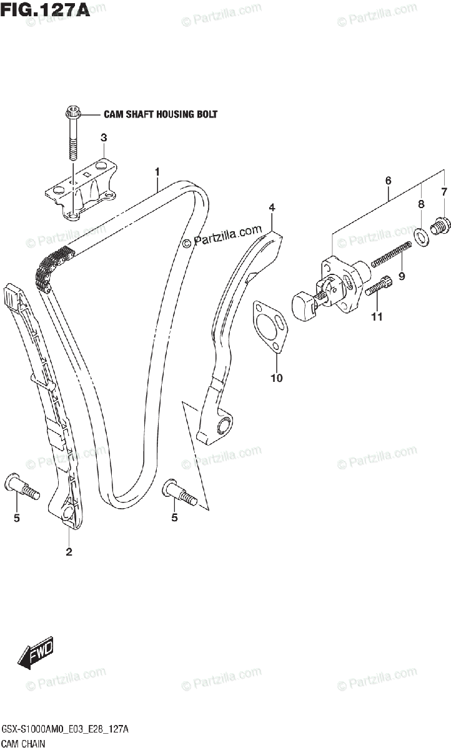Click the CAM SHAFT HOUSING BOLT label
[160, 114]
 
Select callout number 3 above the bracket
[104, 137]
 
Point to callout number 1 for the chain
[158, 171]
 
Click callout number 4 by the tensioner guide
[272, 207]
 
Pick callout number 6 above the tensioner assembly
[388, 181]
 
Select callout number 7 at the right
[444, 191]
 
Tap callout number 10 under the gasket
[277, 377]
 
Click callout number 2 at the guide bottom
[69, 552]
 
